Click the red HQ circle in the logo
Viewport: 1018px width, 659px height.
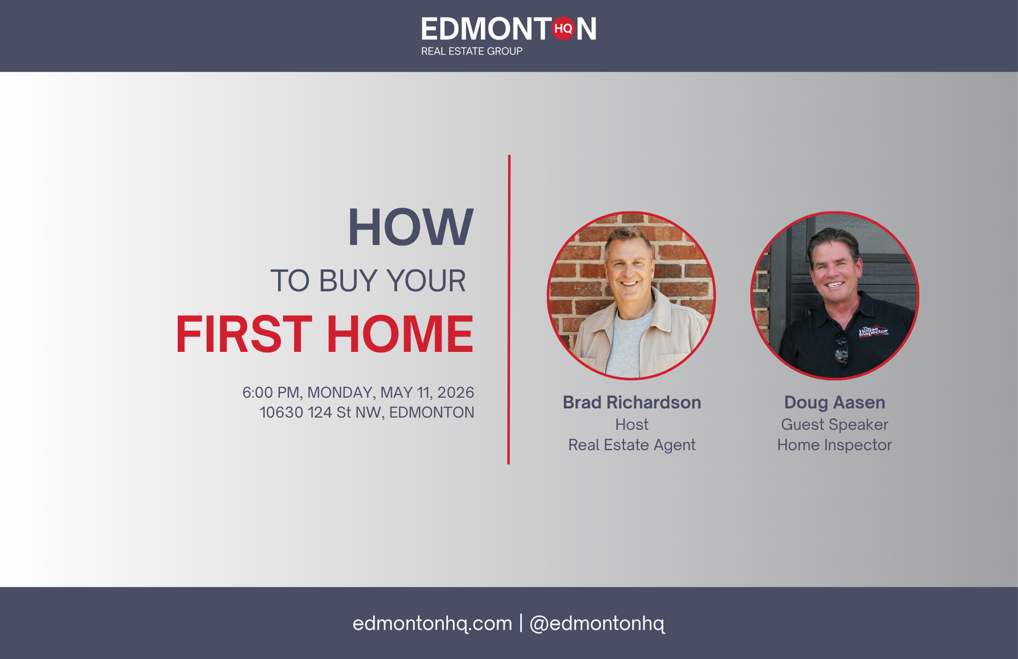click(564, 28)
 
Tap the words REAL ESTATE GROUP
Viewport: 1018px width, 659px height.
click(471, 52)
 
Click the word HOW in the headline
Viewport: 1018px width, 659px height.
click(411, 227)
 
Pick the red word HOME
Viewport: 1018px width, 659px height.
click(400, 334)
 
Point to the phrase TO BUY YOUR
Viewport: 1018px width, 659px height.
click(368, 281)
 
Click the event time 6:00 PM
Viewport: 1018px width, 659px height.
click(271, 392)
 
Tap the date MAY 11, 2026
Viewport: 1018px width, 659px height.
click(427, 392)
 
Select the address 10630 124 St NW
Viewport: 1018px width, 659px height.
click(322, 413)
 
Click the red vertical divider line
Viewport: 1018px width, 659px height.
click(509, 309)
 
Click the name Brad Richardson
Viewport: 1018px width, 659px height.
click(632, 402)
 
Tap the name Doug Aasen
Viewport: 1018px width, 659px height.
click(834, 402)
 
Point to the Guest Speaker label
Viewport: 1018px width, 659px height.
click(834, 425)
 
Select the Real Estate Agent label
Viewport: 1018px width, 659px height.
click(632, 445)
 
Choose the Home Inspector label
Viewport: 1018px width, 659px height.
click(834, 445)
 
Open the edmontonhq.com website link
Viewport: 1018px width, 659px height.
click(432, 623)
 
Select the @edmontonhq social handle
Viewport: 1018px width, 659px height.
click(597, 623)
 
